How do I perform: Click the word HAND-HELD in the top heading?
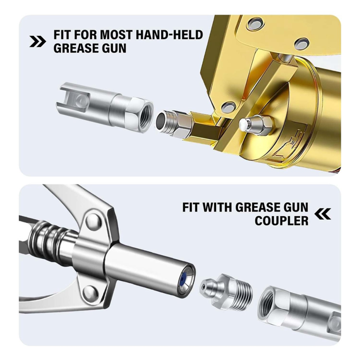pos(169,35)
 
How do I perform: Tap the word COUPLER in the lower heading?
pos(281,221)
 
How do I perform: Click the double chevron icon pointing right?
pos(38,41)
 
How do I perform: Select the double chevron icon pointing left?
pos(323,214)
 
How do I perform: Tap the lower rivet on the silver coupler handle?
pos(90,293)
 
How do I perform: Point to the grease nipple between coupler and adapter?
pos(226,289)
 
